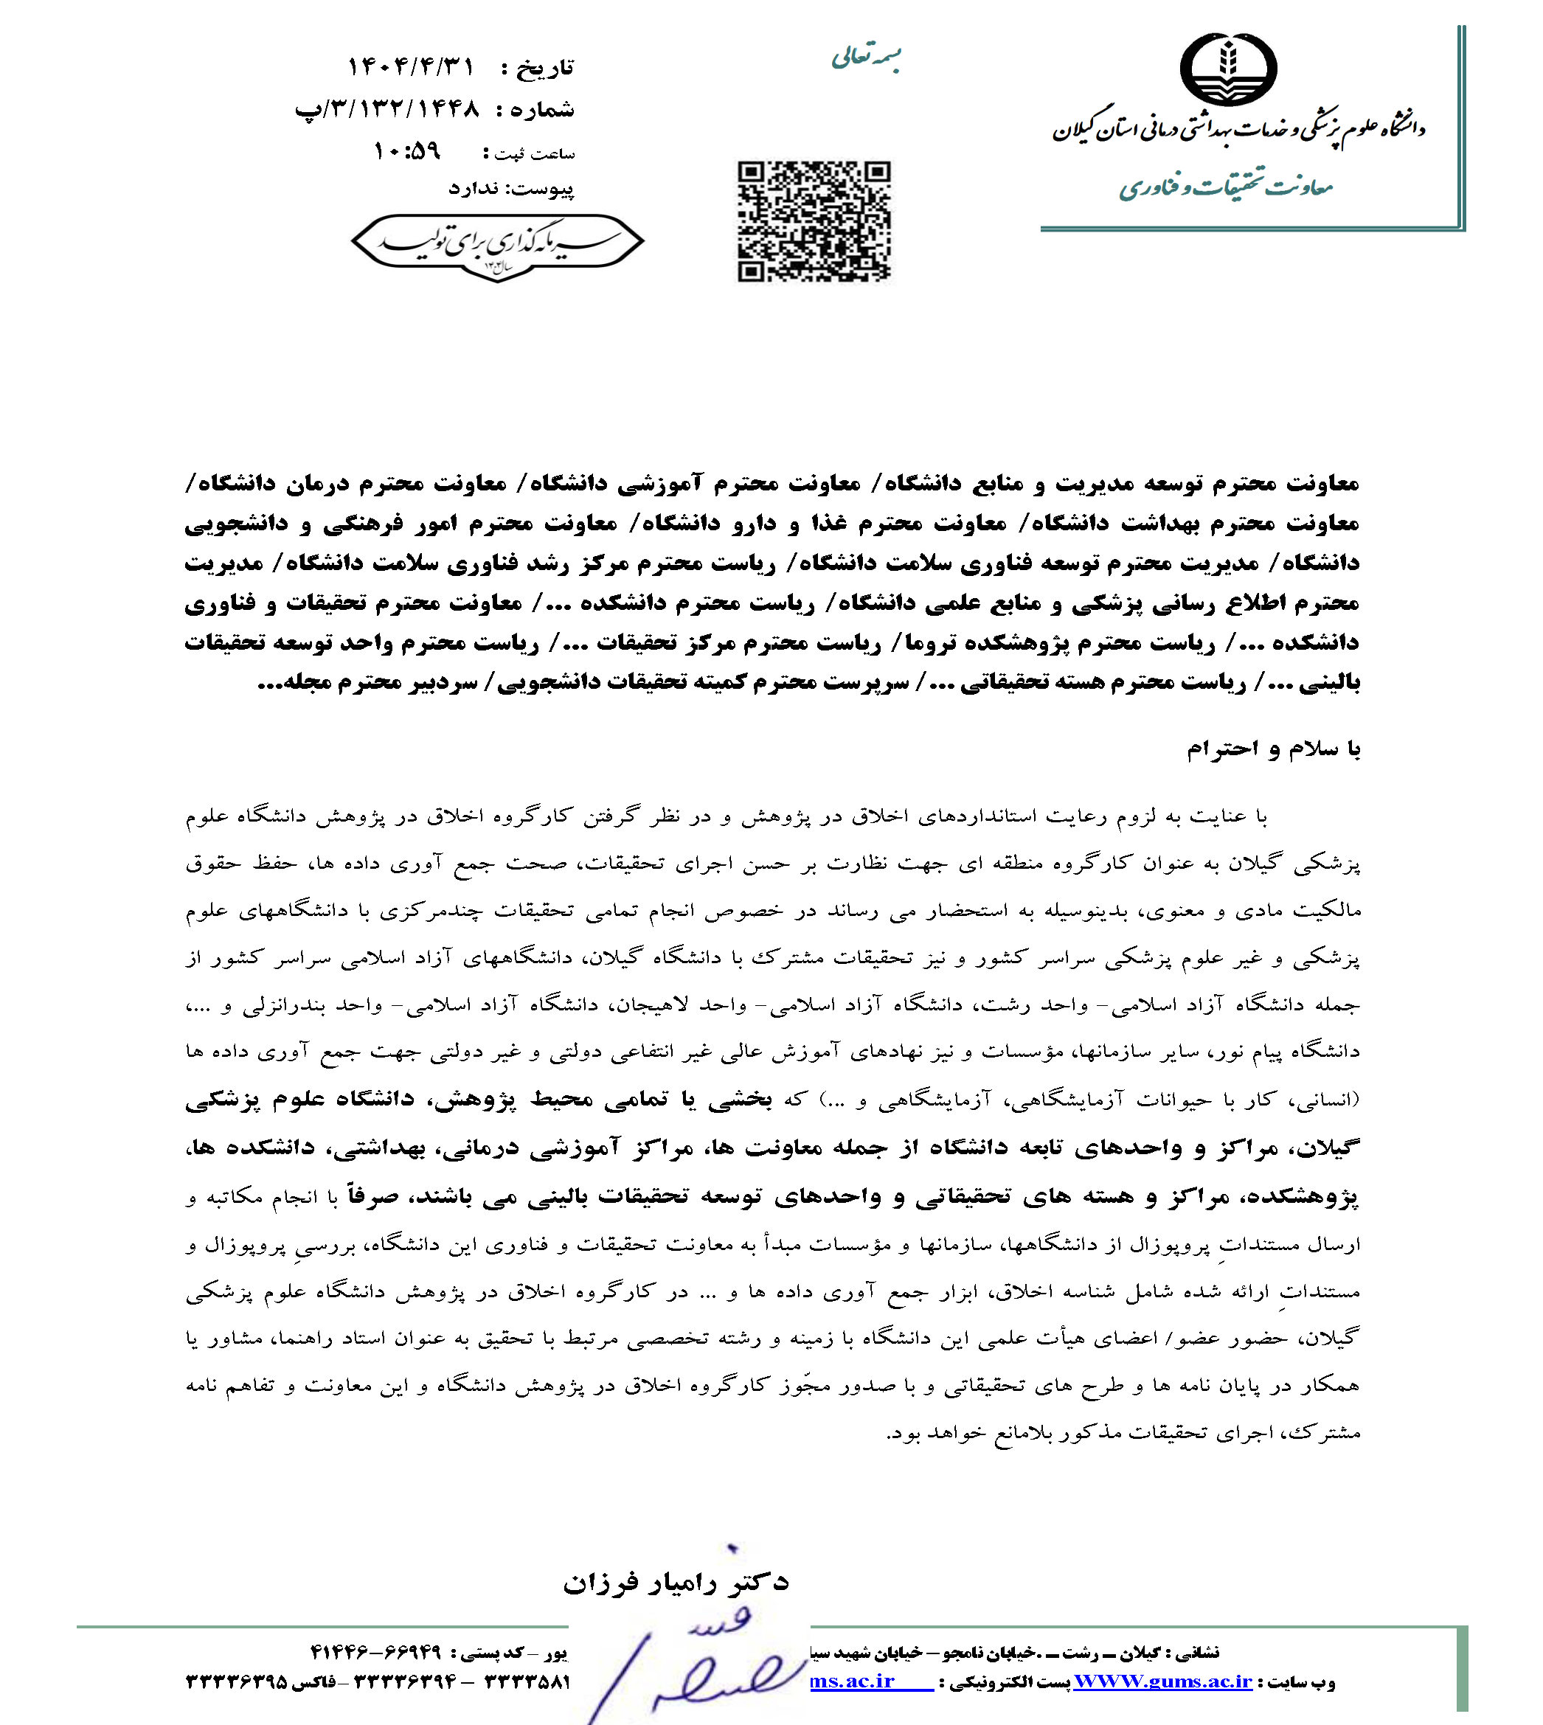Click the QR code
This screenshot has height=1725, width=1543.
point(814,221)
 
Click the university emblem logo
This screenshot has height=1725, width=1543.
point(1229,69)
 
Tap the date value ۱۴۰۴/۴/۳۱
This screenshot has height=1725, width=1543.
point(411,66)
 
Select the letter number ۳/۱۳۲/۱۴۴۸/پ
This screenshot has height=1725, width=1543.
point(387,109)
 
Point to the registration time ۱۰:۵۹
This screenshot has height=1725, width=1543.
point(408,152)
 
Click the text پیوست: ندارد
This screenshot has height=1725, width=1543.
point(511,188)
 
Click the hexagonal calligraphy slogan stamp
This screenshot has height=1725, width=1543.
point(498,245)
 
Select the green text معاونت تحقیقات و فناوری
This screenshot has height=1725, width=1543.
point(1226,187)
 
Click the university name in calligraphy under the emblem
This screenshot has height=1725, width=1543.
point(1238,129)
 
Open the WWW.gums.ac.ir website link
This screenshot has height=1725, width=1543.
point(1162,1681)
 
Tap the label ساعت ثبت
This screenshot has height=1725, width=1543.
point(533,154)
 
